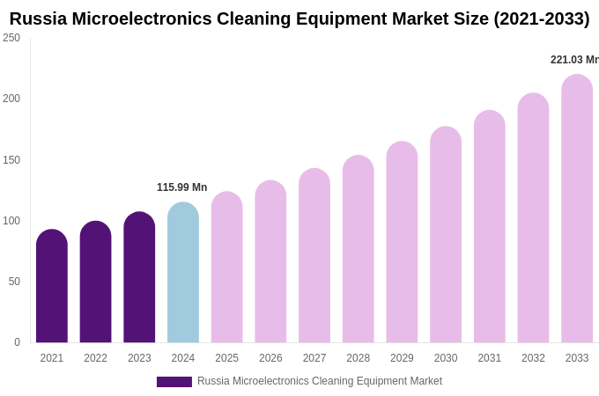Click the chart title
[299, 18]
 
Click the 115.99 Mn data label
[181, 187]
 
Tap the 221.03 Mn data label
[574, 60]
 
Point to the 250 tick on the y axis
[11, 38]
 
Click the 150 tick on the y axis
[11, 160]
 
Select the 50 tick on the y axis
[14, 282]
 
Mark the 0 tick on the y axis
[17, 342]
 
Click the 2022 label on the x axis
[95, 358]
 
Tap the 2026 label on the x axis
[270, 358]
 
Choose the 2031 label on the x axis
[490, 358]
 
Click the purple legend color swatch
[174, 382]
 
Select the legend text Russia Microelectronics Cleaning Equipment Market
[320, 381]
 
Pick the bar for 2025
[227, 268]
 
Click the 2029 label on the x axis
[402, 358]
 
